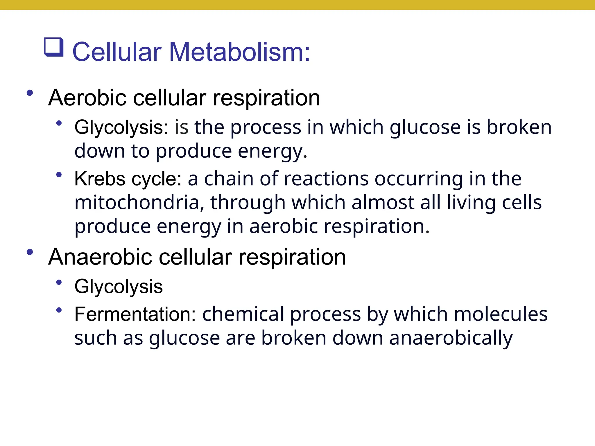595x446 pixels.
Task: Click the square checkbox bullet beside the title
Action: point(54,47)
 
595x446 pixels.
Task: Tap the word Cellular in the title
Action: point(117,52)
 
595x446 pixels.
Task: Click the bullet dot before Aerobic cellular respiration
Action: point(30,93)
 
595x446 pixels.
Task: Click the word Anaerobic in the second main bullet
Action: point(100,257)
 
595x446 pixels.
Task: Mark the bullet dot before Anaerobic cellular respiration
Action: point(30,252)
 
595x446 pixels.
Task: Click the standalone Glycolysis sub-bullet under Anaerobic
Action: point(119,287)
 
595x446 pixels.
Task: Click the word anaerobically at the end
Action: point(451,338)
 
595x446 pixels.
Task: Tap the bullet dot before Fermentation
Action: point(59,310)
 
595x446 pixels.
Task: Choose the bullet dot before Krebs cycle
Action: point(59,175)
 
